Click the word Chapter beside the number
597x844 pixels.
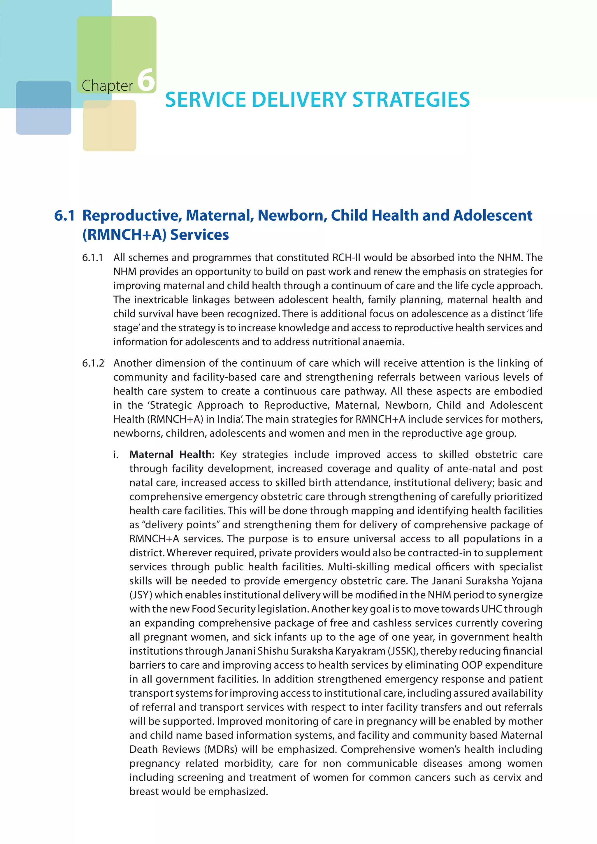(x=107, y=86)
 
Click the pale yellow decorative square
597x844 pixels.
(x=110, y=126)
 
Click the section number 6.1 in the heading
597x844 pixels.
(x=64, y=215)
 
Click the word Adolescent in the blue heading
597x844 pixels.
(x=493, y=215)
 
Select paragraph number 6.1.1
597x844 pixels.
(x=93, y=257)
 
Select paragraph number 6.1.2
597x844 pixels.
(x=93, y=363)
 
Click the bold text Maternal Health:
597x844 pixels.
(x=172, y=454)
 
